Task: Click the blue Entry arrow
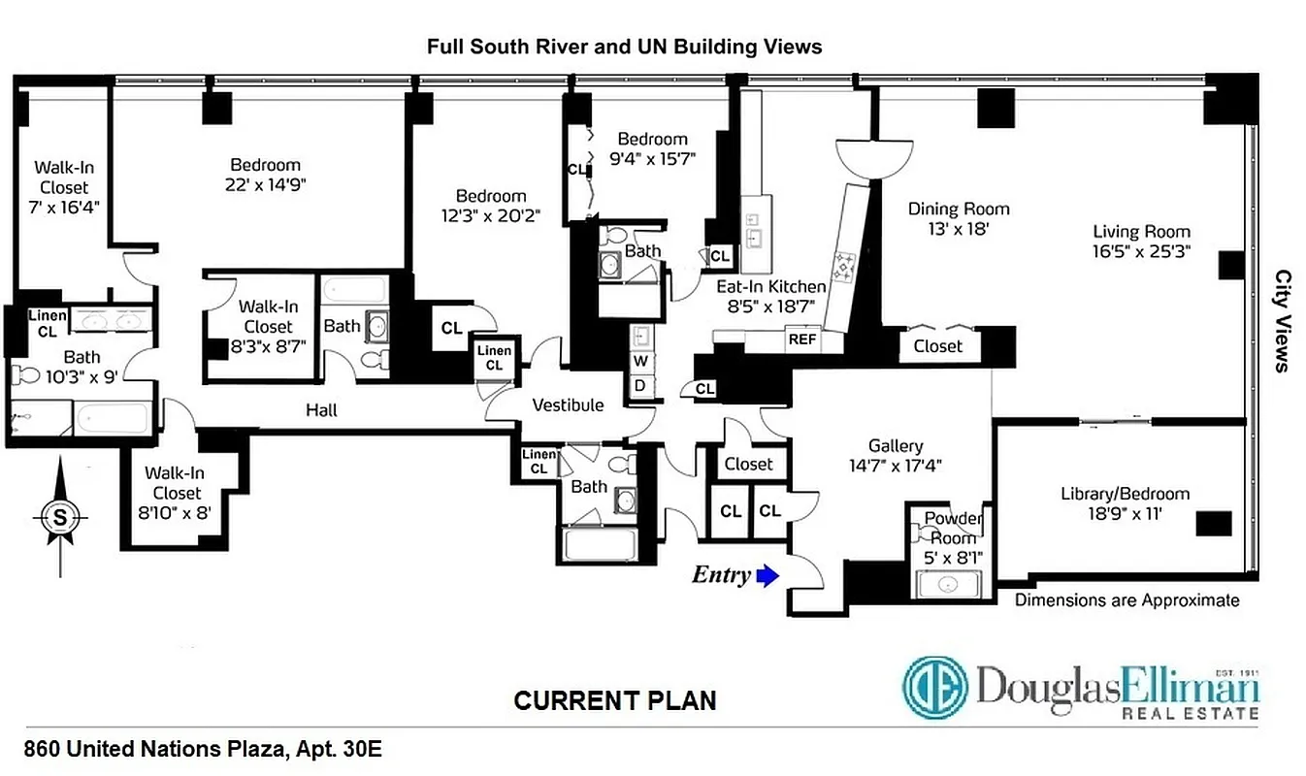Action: (767, 576)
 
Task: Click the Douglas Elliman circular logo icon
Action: (935, 687)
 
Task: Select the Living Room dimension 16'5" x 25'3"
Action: (1141, 249)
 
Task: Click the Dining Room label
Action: (959, 209)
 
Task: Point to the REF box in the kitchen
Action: (801, 339)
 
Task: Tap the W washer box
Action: (641, 361)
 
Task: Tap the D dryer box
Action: (641, 386)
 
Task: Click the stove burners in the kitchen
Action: (843, 263)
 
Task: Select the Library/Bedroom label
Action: (1125, 494)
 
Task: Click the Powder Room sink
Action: (948, 584)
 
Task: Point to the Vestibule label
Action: (568, 404)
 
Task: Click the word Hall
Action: (321, 410)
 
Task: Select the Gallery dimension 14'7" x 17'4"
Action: (895, 465)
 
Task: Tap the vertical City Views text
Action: (1281, 321)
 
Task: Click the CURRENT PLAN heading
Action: (615, 700)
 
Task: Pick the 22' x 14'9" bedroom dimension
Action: (265, 184)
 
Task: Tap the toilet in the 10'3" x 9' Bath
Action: (25, 373)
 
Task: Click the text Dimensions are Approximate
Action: (1126, 600)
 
